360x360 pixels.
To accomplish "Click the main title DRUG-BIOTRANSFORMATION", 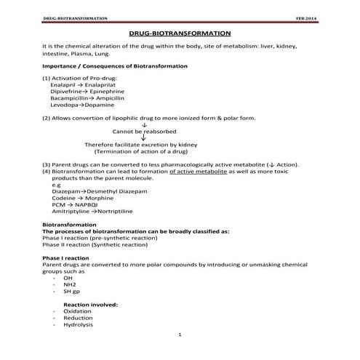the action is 180,33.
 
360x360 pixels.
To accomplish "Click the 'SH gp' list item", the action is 71,291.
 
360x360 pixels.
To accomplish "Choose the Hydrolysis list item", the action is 77,324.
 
